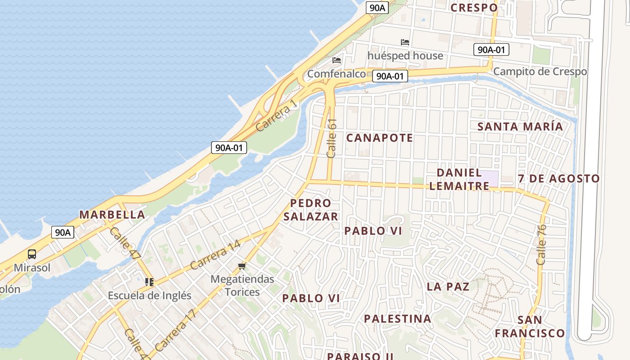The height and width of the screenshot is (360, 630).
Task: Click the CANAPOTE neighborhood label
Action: point(379,138)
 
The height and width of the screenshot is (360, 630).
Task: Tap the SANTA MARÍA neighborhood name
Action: point(520,126)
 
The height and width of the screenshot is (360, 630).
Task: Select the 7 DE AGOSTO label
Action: point(558,179)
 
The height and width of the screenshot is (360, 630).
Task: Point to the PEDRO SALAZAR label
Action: point(310,210)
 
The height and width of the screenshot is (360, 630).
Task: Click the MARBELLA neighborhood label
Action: point(112,215)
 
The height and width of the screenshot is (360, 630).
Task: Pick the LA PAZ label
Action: point(448,287)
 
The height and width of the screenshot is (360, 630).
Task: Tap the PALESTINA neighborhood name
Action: point(398,319)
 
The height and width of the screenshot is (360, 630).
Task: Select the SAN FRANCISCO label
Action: point(530,327)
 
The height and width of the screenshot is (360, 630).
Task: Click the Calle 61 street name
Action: point(332,138)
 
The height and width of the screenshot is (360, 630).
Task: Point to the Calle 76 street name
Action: point(541,244)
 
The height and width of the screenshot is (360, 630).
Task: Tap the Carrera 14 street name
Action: point(215,255)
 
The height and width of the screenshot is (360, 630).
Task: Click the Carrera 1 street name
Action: point(277,116)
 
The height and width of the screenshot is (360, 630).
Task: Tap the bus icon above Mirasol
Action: point(32,254)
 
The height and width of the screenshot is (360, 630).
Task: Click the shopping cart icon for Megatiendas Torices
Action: point(243,266)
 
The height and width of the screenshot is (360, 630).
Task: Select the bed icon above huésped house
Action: point(405,42)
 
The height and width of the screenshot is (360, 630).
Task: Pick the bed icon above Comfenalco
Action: point(337,60)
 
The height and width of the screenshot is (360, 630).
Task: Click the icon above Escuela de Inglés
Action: point(149,282)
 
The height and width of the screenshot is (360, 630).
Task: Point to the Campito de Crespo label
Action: point(540,72)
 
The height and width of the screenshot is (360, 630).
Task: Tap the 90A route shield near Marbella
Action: point(63,232)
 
